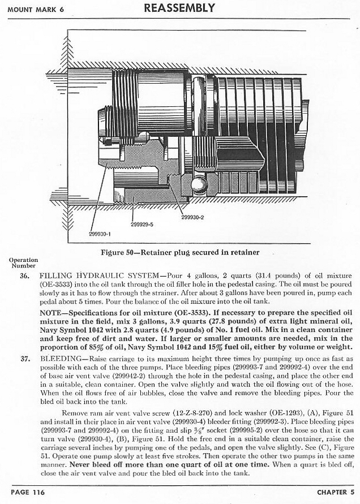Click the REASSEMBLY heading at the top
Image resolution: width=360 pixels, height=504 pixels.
click(x=179, y=8)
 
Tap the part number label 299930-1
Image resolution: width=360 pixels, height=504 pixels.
click(x=100, y=233)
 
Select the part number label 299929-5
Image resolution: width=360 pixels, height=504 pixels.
click(x=142, y=224)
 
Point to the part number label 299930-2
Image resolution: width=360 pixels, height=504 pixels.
click(x=192, y=217)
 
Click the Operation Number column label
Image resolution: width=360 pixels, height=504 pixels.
click(x=23, y=262)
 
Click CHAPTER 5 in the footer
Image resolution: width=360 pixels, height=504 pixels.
click(x=335, y=492)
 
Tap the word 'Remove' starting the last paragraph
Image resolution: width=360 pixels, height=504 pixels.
click(x=76, y=413)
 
